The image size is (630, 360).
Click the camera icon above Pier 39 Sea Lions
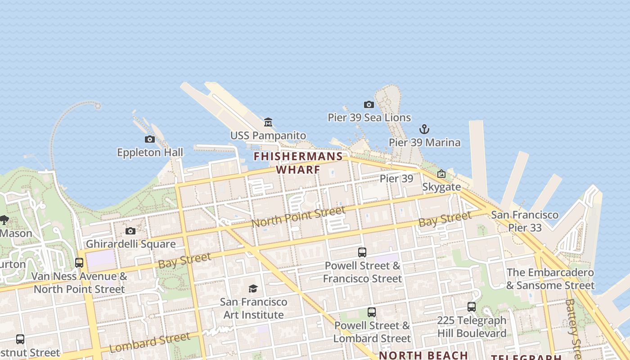(369, 105)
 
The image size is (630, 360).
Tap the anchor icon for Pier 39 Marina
(424, 130)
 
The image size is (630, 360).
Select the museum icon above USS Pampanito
(268, 122)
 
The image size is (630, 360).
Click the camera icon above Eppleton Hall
(150, 139)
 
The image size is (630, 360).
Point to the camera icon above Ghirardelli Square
(130, 231)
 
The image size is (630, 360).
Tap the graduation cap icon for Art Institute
(253, 288)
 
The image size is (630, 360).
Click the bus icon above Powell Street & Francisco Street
(362, 252)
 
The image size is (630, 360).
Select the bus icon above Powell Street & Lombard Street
(372, 312)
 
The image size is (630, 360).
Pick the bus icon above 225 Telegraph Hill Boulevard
(472, 307)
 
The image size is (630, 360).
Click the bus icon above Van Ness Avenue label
(79, 262)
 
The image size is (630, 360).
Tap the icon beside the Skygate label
(441, 174)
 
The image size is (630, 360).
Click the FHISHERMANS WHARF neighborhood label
(298, 163)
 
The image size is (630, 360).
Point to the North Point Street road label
(298, 216)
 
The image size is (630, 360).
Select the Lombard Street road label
(149, 343)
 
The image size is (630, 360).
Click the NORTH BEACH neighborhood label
(423, 355)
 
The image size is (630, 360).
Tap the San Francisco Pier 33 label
(525, 221)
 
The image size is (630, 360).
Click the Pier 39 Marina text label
(425, 143)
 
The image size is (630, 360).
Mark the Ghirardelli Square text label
(130, 244)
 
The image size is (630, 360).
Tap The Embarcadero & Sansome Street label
(550, 279)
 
